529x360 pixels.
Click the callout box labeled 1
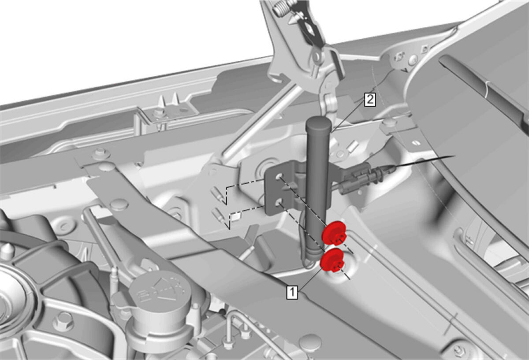[292, 292]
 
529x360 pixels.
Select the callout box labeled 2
[370, 100]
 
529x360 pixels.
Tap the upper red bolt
[334, 233]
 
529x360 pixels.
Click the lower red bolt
[332, 260]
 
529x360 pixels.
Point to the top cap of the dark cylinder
[318, 123]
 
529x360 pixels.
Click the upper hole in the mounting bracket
[279, 176]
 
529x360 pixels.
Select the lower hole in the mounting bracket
[279, 202]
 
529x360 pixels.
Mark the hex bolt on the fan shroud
[63, 321]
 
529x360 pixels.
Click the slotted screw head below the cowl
[416, 143]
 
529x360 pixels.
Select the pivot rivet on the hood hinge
[316, 57]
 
